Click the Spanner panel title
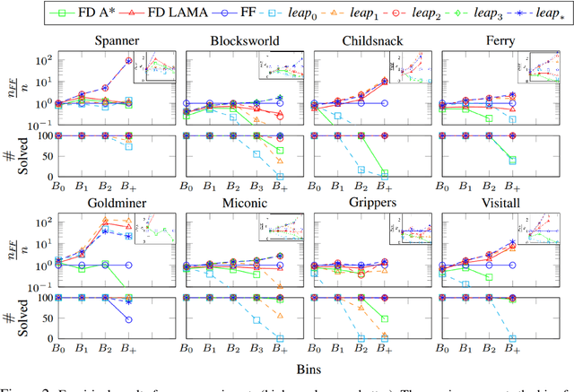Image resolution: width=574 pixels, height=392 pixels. click(91, 42)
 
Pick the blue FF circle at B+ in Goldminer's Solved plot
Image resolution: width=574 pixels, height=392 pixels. click(128, 319)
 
